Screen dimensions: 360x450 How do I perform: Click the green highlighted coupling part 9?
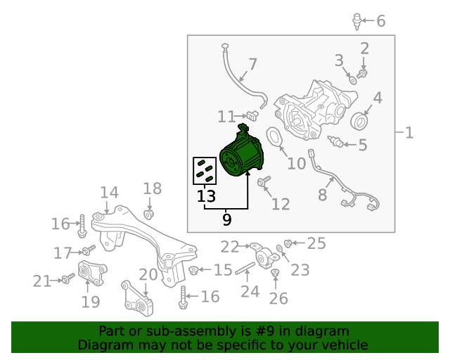pos(241,157)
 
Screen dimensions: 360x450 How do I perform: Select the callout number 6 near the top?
pos(381,21)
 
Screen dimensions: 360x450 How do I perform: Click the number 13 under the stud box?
pos(206,196)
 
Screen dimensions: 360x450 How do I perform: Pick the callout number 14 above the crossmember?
pos(109,192)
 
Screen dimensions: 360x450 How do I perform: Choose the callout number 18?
pos(153,188)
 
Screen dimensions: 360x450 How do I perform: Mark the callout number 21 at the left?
pos(42,281)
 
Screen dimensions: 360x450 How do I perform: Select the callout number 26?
pos(278,298)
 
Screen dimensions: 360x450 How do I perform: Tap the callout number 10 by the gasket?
pos(297,164)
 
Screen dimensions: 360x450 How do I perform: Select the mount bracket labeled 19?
pos(92,274)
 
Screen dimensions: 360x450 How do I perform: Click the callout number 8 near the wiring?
pos(323,194)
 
